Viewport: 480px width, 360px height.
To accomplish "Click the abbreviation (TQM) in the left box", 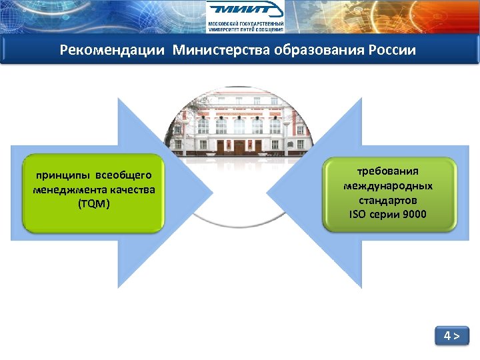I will point(93,204).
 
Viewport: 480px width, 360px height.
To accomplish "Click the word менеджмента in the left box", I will point(67,190).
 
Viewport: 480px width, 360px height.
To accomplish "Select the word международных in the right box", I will point(388,186).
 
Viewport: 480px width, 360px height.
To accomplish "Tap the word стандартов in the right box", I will point(388,200).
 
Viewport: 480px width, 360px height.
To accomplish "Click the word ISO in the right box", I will point(358,215).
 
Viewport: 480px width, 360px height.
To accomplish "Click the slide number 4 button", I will point(452,336).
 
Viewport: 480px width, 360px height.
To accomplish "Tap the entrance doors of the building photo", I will point(239,145).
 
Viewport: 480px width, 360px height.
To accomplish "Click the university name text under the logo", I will point(245,26).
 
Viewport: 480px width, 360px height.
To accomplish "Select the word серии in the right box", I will point(385,215).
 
